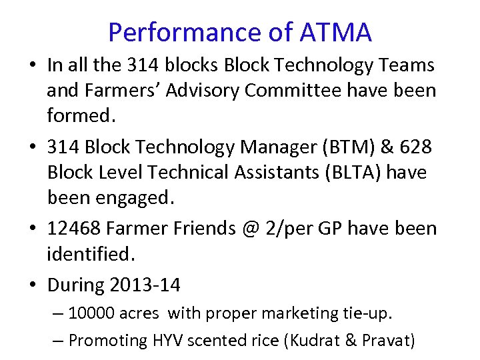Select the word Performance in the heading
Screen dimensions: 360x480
(x=184, y=32)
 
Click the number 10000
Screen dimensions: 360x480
(x=95, y=313)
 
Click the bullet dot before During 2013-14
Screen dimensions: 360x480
(x=33, y=285)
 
